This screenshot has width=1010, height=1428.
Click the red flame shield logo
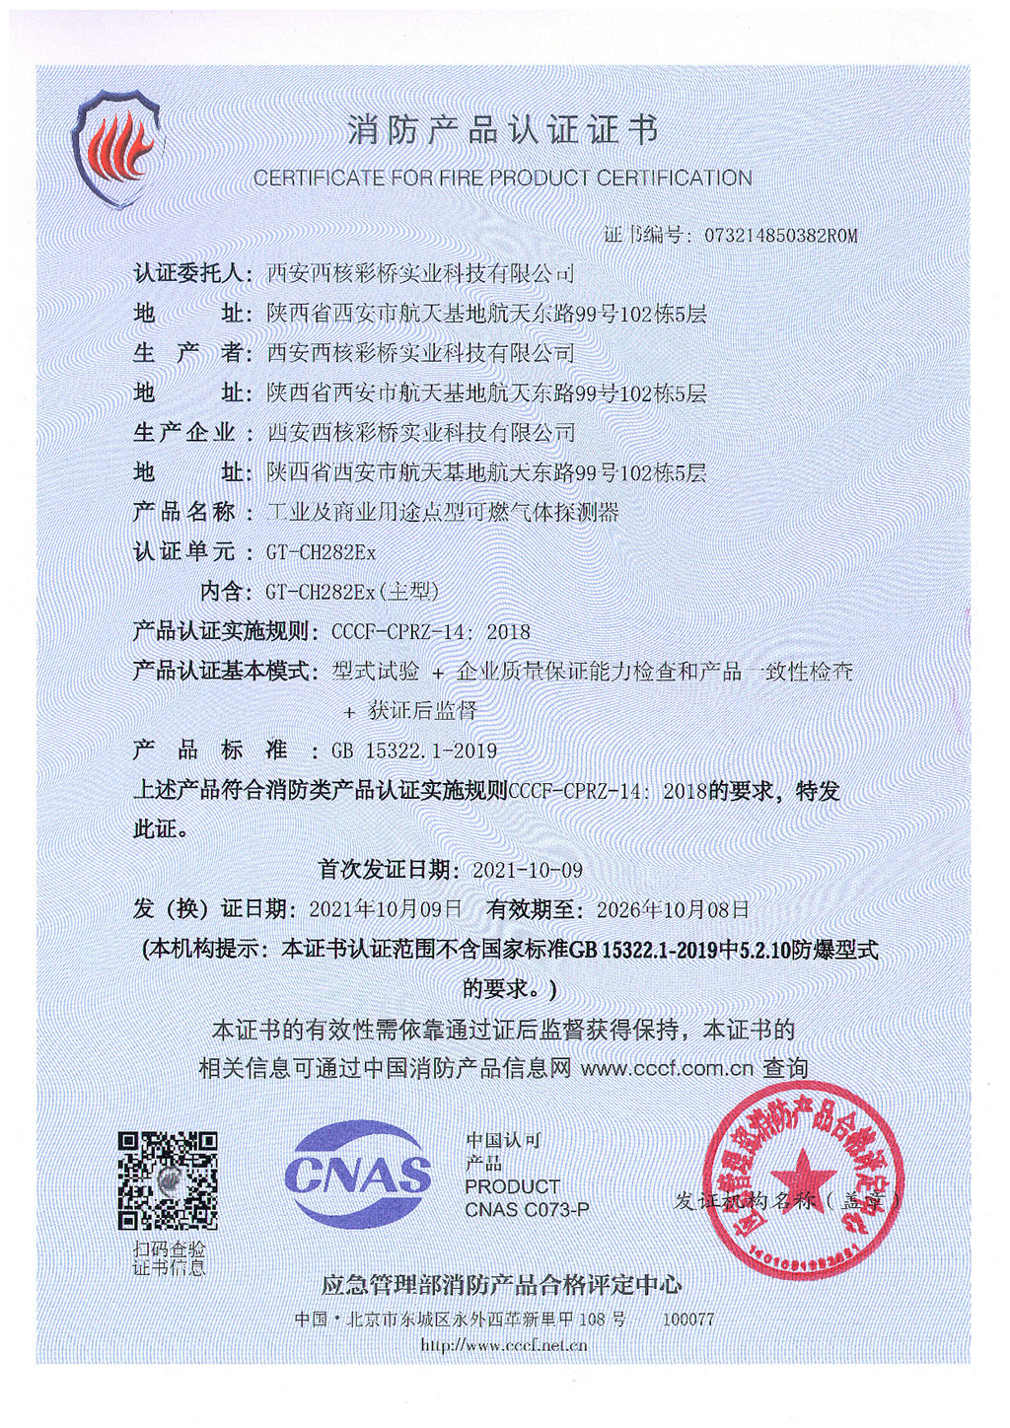[116, 148]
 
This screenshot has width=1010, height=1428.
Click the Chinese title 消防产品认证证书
[502, 130]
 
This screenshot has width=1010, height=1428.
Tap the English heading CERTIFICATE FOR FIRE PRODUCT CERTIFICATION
[502, 178]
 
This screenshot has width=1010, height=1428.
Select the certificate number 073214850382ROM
[780, 236]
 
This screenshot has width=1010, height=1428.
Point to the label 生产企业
[184, 432]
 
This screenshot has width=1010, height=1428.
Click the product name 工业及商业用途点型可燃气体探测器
[444, 512]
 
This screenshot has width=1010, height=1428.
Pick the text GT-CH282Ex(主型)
[352, 592]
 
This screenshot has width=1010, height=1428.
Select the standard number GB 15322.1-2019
[414, 750]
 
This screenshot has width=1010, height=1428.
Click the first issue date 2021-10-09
[528, 870]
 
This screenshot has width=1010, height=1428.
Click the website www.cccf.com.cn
[667, 1068]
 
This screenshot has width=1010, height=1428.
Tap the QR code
[168, 1179]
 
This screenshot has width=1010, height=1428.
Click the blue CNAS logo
[357, 1174]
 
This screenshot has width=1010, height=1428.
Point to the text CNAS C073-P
[527, 1209]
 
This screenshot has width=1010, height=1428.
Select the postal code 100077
[687, 1320]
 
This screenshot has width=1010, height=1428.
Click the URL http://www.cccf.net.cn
[503, 1345]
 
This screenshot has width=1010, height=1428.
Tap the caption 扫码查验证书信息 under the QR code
[170, 1258]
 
